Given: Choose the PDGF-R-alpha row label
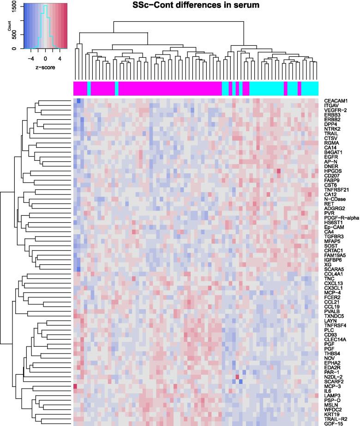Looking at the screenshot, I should (x=340, y=218).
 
